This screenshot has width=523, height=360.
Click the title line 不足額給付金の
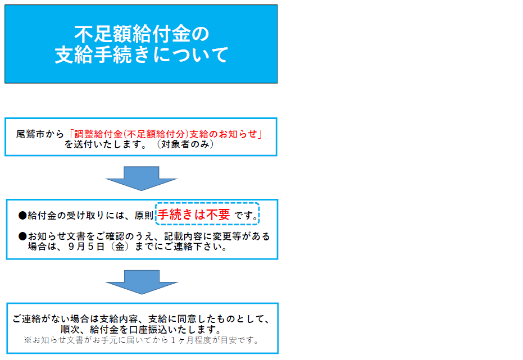pos(142,34)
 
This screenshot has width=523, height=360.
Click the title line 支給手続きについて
pos(142,54)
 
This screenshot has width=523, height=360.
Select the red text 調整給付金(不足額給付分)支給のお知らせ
pos(165,134)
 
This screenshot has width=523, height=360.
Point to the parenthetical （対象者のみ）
pos(185,144)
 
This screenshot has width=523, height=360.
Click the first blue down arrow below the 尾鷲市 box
pos(142,179)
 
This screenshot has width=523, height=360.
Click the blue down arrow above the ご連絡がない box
pos(142,282)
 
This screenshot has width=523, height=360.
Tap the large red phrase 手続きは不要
pos(194,215)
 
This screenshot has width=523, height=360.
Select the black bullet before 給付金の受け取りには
pos(22,215)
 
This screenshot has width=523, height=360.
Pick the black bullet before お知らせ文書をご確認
pos(22,236)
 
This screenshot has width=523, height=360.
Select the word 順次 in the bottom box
pos(70,330)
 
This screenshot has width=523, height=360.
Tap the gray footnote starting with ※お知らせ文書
pos(141,340)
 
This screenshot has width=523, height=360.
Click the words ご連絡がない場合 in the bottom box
pos(51,319)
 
